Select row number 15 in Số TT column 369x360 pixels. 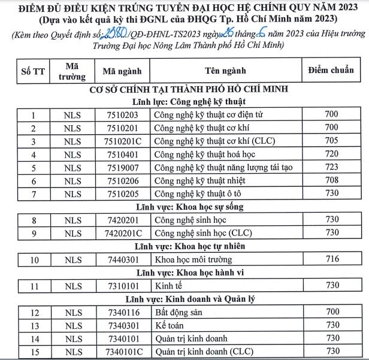(34, 351)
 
